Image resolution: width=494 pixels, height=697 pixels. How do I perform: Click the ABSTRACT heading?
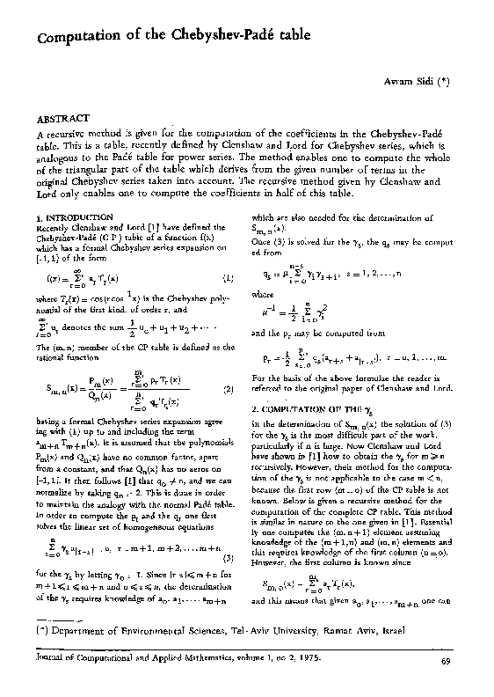click(x=62, y=117)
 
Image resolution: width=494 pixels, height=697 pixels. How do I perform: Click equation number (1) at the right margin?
click(x=229, y=278)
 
